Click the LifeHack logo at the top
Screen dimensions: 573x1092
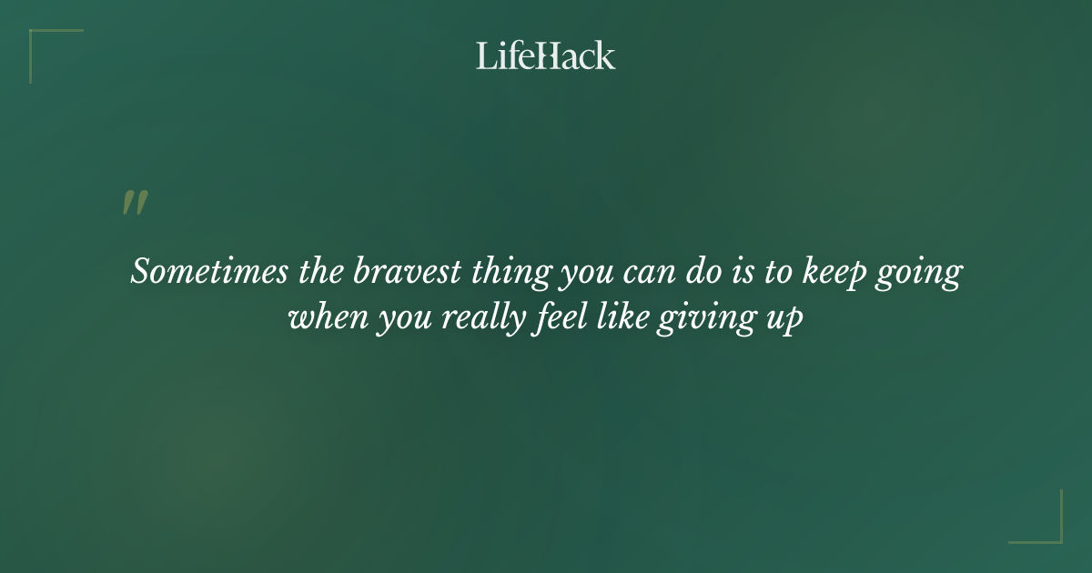point(546,55)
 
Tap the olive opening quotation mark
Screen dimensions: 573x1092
point(135,203)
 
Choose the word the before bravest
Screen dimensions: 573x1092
point(320,273)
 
